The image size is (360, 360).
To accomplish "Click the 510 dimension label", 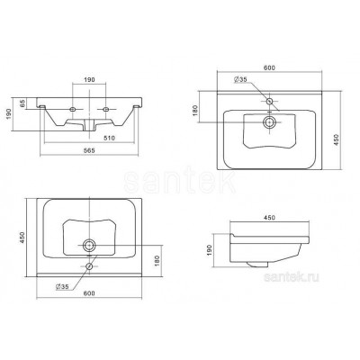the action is coord(110,138).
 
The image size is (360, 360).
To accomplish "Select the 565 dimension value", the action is coord(89,150).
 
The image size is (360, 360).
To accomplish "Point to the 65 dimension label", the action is coord(22,103).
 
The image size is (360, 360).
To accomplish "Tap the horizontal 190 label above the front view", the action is coord(89,79).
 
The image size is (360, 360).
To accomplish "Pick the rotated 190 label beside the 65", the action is coord(9,114).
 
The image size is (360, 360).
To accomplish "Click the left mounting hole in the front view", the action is coord(72,109).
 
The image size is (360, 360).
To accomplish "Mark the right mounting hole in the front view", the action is coord(105,109).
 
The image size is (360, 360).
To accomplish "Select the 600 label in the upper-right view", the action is coord(269,68).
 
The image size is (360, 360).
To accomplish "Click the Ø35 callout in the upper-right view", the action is coord(240,79).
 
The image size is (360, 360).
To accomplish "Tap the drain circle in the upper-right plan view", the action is coord(269,122).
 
